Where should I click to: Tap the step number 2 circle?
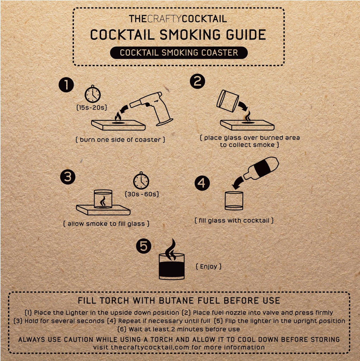coord(198,81)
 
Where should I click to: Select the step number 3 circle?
coord(68,177)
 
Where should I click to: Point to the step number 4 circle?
coord(202,183)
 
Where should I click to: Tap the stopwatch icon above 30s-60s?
coord(141,180)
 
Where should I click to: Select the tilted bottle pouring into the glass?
coord(261,168)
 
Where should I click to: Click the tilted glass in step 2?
coord(228,101)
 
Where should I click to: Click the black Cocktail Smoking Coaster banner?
coord(179,53)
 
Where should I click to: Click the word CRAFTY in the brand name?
coord(164,19)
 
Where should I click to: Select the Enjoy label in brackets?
coord(209,267)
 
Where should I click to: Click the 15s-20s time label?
coord(92,107)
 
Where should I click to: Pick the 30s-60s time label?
coord(142,194)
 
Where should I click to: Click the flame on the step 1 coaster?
coord(118,117)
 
